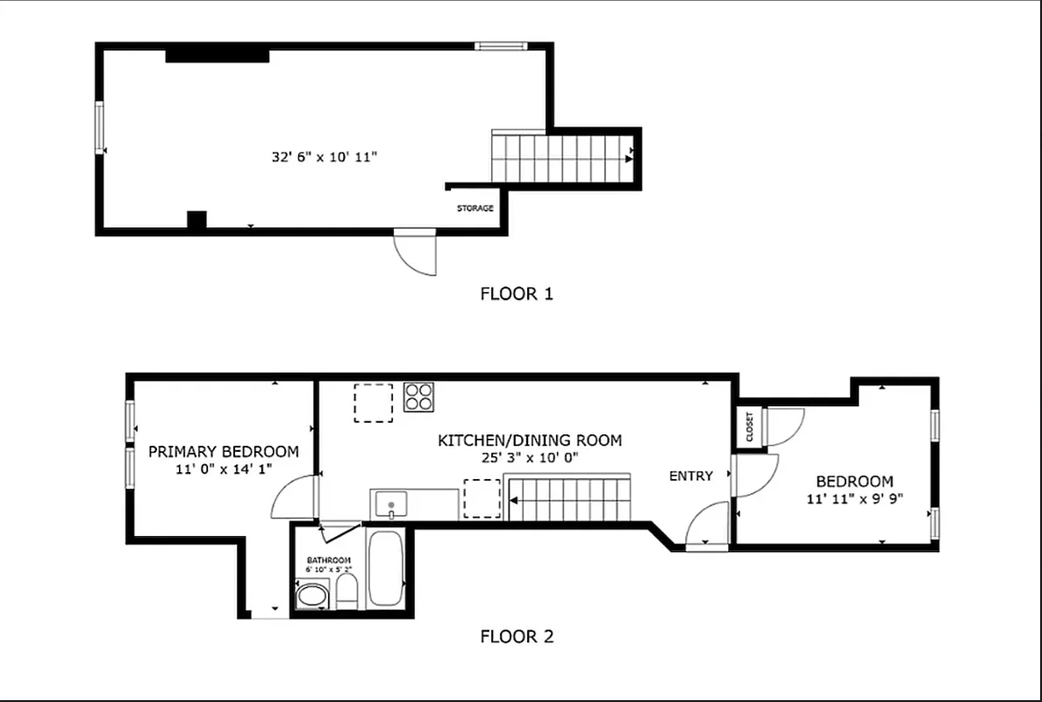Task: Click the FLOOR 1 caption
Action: (x=517, y=294)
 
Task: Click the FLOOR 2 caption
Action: (x=517, y=637)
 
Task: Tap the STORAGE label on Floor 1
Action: (x=475, y=209)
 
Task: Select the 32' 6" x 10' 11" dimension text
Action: (x=325, y=158)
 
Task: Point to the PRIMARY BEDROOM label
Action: (x=223, y=452)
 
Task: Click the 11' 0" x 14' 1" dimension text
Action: (x=223, y=469)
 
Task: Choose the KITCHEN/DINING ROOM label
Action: (x=530, y=441)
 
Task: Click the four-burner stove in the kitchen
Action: (x=419, y=397)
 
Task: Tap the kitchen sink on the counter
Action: (x=388, y=504)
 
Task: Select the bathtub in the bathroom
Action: (x=385, y=568)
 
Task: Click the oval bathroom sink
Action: (x=310, y=598)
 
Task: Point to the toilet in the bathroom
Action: (x=347, y=592)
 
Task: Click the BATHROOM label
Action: (x=329, y=561)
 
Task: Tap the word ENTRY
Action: (x=690, y=476)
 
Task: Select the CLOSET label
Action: (x=750, y=426)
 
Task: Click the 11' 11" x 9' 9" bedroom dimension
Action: (x=854, y=498)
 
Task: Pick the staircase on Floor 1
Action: (x=560, y=158)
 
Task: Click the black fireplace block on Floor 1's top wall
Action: (x=217, y=55)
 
